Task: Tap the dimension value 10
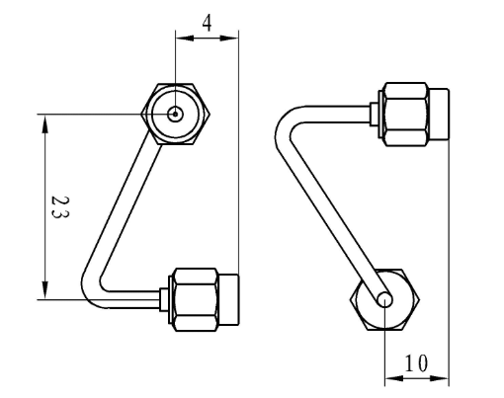pyautogui.click(x=416, y=362)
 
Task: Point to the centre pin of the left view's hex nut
pyautogui.click(x=175, y=113)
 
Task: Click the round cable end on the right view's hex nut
pyautogui.click(x=384, y=298)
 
